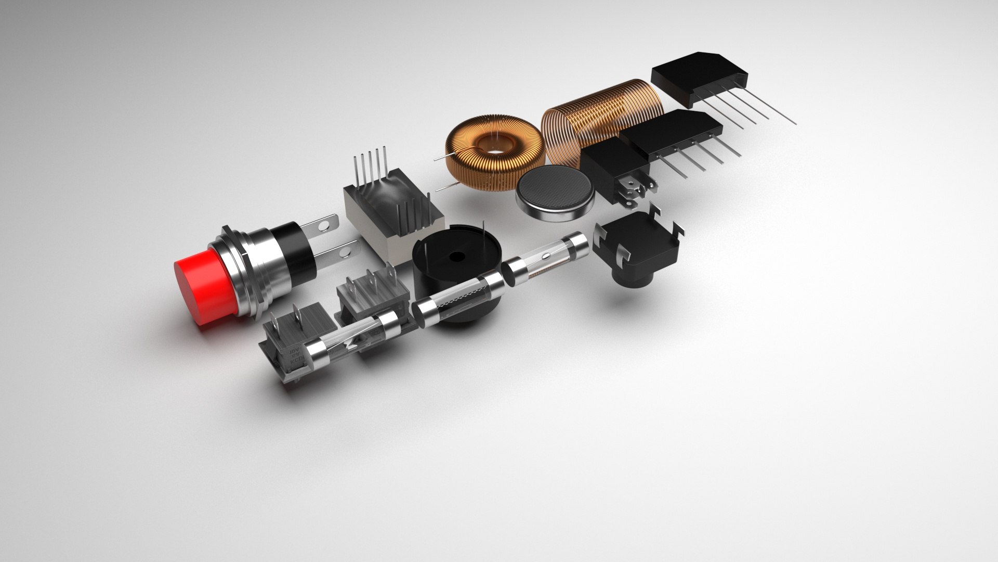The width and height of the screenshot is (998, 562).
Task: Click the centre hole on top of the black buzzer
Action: coord(456,257)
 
